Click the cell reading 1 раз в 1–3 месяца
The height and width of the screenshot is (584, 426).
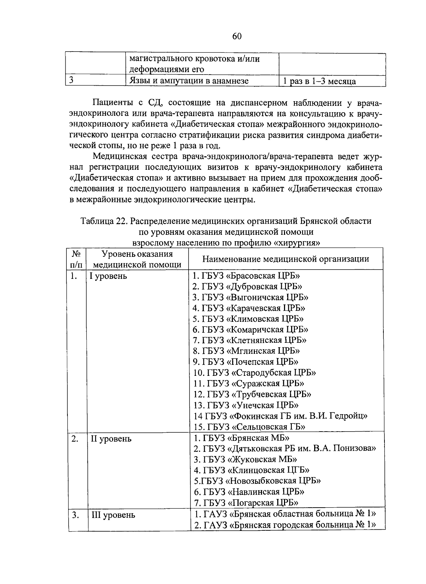pyautogui.click(x=319, y=81)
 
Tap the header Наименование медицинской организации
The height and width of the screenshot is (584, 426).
pyautogui.click(x=285, y=259)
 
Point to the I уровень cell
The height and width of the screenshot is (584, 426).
pyautogui.click(x=108, y=276)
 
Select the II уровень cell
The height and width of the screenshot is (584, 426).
pyautogui.click(x=111, y=439)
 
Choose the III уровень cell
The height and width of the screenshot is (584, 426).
pyautogui.click(x=113, y=515)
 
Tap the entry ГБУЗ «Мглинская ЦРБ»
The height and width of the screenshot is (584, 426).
pyautogui.click(x=246, y=351)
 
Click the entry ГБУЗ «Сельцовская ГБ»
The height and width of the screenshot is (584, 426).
pyautogui.click(x=250, y=427)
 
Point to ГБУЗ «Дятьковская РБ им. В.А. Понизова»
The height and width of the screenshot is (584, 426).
pyautogui.click(x=284, y=448)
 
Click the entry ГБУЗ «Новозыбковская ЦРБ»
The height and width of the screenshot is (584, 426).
pyautogui.click(x=257, y=481)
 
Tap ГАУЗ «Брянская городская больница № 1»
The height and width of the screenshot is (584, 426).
pyautogui.click(x=284, y=525)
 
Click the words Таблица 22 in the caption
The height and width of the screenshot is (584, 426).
pyautogui.click(x=103, y=221)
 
